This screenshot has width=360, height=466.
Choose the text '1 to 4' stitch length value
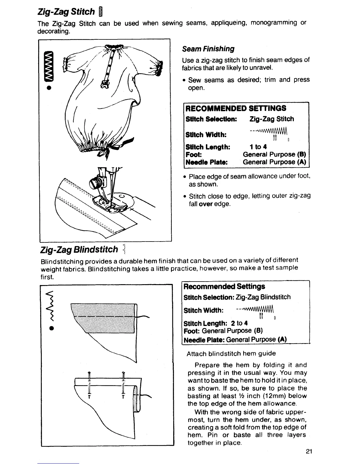(258, 147)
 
